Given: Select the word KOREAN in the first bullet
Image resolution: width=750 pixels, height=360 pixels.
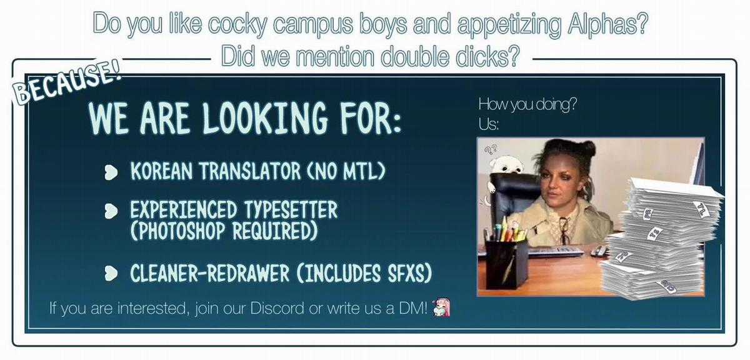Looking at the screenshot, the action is (x=161, y=171).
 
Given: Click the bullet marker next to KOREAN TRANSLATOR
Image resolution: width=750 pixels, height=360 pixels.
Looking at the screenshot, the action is (x=111, y=172).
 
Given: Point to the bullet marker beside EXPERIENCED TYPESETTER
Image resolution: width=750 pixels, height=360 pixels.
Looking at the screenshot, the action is (x=111, y=211).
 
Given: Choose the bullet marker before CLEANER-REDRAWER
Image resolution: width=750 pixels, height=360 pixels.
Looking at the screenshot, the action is (x=111, y=274).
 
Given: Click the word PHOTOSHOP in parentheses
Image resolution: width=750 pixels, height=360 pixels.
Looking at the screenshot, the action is (x=181, y=231).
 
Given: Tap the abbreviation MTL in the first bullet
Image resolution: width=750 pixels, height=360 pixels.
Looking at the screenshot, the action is (x=362, y=171).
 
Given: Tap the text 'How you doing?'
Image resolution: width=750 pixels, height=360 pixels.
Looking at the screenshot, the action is (x=527, y=104).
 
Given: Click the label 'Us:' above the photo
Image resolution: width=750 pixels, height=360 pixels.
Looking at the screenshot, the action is (x=489, y=124).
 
